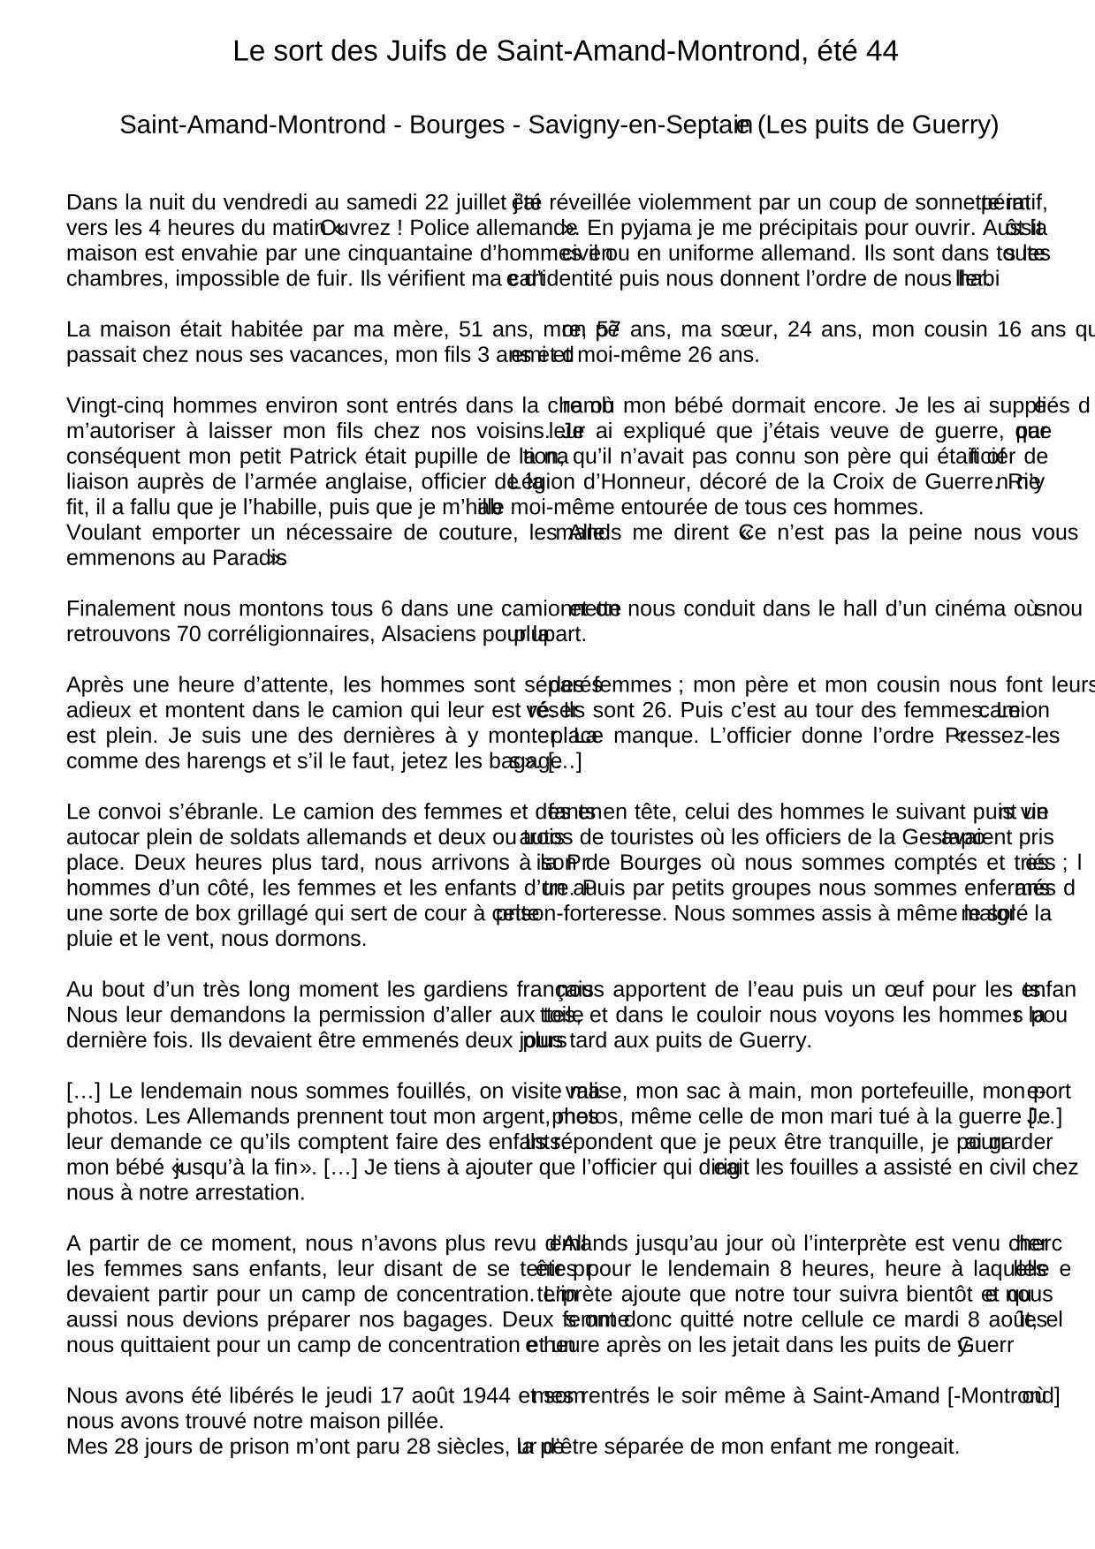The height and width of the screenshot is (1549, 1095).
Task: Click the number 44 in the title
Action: [882, 52]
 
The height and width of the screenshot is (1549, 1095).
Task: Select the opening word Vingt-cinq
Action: [115, 406]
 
